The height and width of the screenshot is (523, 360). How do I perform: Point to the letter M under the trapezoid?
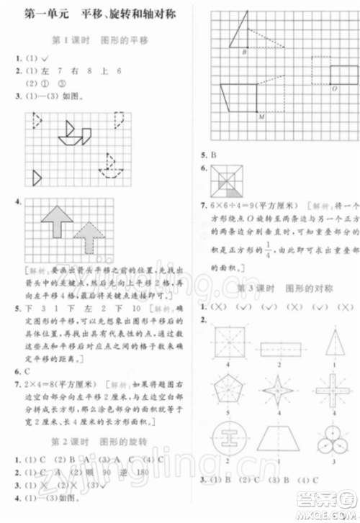pos(260,116)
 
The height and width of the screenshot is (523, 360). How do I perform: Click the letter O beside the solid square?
pos(334,88)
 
